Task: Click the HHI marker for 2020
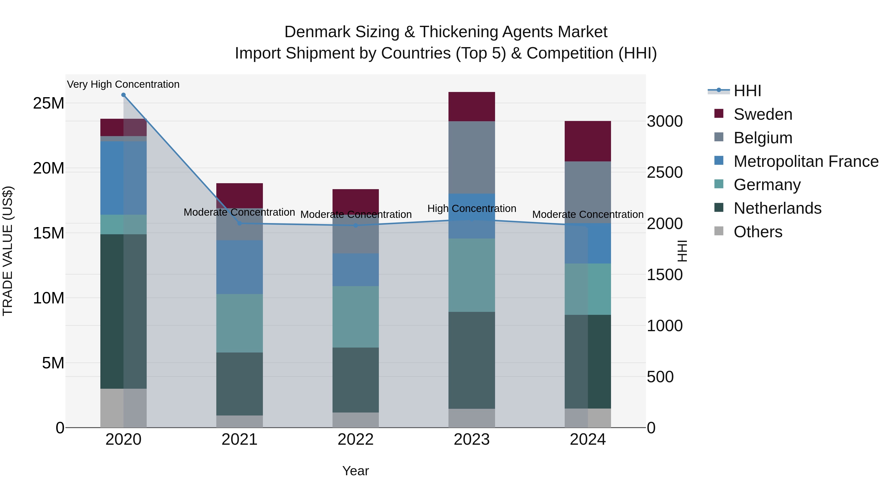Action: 123,95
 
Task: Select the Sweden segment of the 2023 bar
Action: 472,106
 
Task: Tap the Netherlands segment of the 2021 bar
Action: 239,384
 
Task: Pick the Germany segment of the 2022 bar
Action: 355,316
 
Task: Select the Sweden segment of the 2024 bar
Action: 588,141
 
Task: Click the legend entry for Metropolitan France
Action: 806,161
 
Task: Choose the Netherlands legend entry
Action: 777,208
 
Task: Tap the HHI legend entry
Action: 747,91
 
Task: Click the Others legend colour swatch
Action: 719,231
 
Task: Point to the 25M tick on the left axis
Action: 49,103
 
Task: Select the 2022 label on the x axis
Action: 355,440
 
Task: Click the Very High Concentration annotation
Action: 123,84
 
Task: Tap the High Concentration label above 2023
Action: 472,208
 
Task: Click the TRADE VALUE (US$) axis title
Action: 8,251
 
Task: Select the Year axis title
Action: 355,471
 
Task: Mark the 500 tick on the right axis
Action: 660,377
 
